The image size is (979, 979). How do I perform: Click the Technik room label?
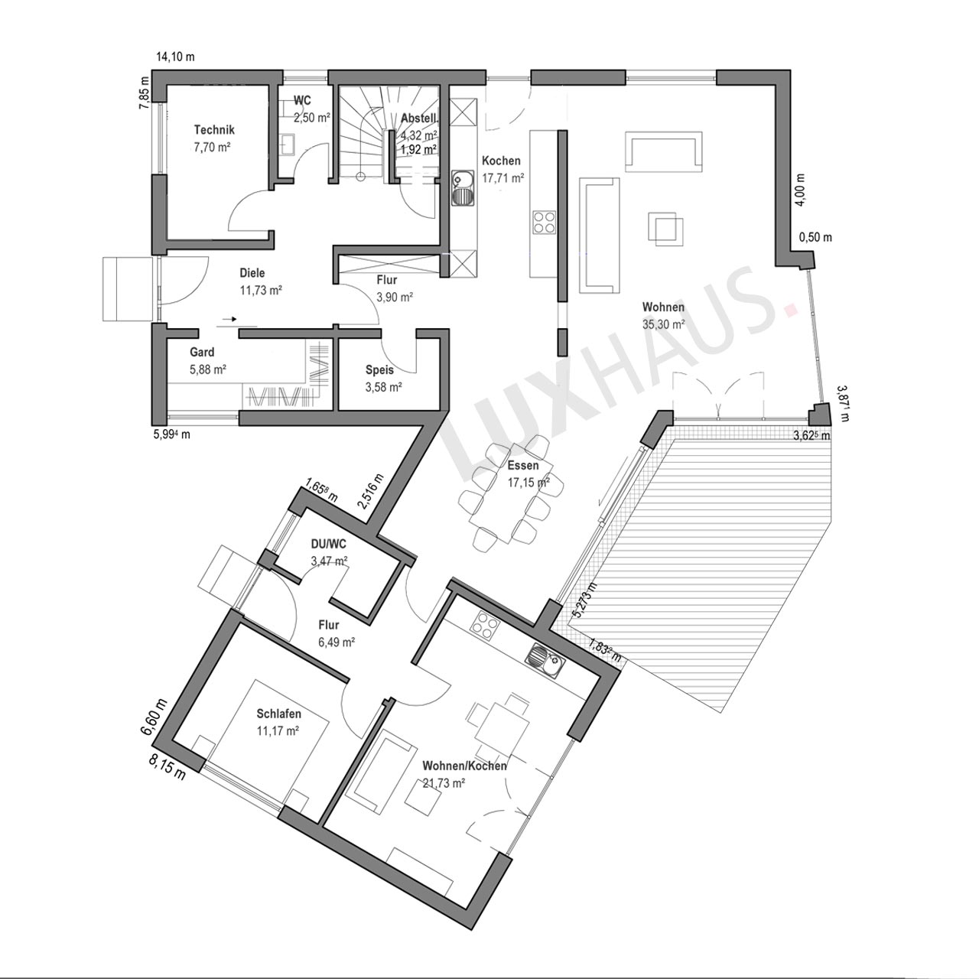point(214,130)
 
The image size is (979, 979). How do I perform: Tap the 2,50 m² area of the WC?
point(312,118)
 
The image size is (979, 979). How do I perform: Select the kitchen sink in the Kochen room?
point(463,188)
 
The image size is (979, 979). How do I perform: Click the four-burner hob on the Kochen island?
point(544,223)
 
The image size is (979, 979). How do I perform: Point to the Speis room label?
point(379,370)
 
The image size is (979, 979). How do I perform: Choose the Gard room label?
point(202,352)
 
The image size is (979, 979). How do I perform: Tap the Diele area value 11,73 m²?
point(261,290)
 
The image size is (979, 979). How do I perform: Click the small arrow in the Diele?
point(229,320)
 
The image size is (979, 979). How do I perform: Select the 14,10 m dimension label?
point(175,57)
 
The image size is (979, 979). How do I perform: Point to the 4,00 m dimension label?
point(801,190)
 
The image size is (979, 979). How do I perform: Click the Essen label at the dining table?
point(523,465)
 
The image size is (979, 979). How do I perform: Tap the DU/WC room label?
point(328,544)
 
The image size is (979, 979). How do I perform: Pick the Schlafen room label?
point(279,714)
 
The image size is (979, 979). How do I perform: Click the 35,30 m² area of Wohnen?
point(663,324)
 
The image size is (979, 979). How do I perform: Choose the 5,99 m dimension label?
point(171,434)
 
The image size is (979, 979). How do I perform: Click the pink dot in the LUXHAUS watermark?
point(791,308)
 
